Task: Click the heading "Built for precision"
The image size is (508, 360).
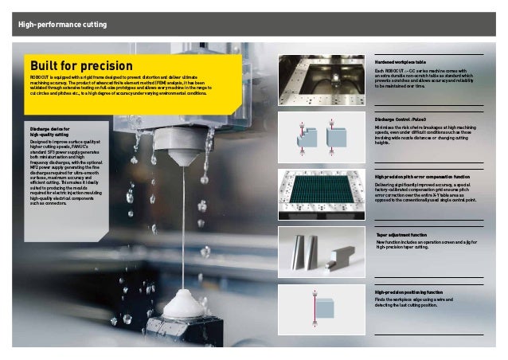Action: point(80,65)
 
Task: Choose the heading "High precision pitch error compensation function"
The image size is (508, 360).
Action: point(421,176)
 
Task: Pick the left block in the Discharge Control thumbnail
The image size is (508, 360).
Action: point(304,140)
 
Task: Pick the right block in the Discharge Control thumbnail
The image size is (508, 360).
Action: point(335,136)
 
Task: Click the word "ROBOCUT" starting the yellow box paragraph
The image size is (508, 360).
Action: point(41,76)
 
